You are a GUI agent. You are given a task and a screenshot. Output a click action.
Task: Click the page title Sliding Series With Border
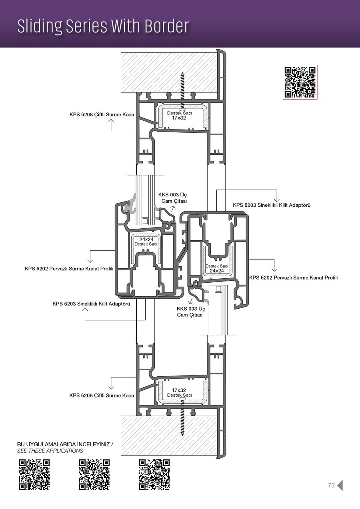click(x=103, y=26)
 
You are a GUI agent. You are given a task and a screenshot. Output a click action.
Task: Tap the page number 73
click(x=331, y=485)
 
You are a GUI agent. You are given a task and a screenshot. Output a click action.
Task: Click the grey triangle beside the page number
click(x=340, y=485)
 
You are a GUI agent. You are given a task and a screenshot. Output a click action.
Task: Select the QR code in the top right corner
click(x=300, y=82)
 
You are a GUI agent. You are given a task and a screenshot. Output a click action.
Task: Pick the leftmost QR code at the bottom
click(x=34, y=475)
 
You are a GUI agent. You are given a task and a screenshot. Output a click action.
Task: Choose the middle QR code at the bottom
click(x=94, y=475)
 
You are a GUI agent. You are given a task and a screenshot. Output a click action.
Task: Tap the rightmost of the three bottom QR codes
click(x=154, y=475)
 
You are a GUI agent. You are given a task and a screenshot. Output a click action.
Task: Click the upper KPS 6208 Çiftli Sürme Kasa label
click(x=102, y=114)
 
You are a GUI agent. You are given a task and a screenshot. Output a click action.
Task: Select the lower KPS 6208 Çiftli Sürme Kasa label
click(x=102, y=395)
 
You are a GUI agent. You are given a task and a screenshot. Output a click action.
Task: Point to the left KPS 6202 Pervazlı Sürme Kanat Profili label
click(x=69, y=269)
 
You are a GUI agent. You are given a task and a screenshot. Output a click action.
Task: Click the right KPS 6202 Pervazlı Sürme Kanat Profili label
click(x=294, y=277)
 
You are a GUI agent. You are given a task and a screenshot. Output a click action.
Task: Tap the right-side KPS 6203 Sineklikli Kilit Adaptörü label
click(x=272, y=205)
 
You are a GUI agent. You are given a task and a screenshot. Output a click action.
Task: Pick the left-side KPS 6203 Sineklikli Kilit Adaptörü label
click(x=91, y=304)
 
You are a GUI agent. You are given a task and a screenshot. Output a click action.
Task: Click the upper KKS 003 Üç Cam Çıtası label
click(x=173, y=198)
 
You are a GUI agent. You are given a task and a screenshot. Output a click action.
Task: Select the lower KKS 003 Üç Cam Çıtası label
click(x=191, y=312)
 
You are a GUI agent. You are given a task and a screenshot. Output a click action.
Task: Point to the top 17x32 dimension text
click(x=179, y=118)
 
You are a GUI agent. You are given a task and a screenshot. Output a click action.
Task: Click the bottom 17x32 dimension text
click(x=179, y=390)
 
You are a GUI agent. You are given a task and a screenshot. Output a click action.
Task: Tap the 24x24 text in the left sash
click(x=146, y=239)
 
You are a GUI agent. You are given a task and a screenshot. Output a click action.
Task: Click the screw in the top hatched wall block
click(x=182, y=90)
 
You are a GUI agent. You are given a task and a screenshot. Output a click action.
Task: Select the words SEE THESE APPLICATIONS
click(x=50, y=451)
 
